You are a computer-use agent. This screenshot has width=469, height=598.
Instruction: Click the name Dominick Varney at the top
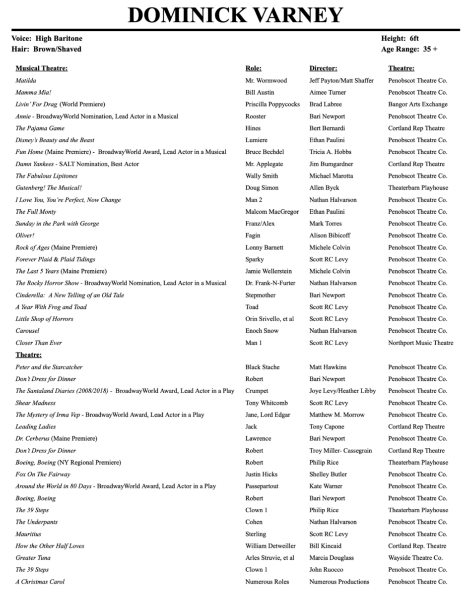click(235, 15)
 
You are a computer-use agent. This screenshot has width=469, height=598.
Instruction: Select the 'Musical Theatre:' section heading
click(42, 68)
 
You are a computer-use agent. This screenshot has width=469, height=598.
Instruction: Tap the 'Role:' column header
click(253, 68)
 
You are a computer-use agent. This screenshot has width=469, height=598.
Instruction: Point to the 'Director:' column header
click(323, 68)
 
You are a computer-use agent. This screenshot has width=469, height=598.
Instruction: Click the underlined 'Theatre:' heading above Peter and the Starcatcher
click(29, 355)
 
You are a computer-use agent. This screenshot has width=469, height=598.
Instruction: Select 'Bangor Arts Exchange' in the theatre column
click(417, 104)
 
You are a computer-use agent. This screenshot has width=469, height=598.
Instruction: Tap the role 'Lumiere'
click(256, 140)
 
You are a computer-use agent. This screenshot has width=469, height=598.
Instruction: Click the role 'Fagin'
click(253, 236)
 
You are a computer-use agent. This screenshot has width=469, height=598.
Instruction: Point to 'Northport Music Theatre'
click(420, 343)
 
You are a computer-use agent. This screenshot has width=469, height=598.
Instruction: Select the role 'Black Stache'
click(263, 367)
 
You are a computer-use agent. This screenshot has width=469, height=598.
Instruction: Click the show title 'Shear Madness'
click(36, 403)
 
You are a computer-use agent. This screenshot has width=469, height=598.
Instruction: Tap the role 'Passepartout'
click(262, 486)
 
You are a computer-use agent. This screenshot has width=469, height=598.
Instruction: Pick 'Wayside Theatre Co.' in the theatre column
click(415, 558)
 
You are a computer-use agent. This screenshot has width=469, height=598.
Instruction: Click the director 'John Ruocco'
click(326, 570)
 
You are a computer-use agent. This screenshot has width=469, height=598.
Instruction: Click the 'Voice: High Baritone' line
click(47, 39)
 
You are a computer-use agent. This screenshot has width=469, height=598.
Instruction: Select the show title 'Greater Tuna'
click(33, 558)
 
